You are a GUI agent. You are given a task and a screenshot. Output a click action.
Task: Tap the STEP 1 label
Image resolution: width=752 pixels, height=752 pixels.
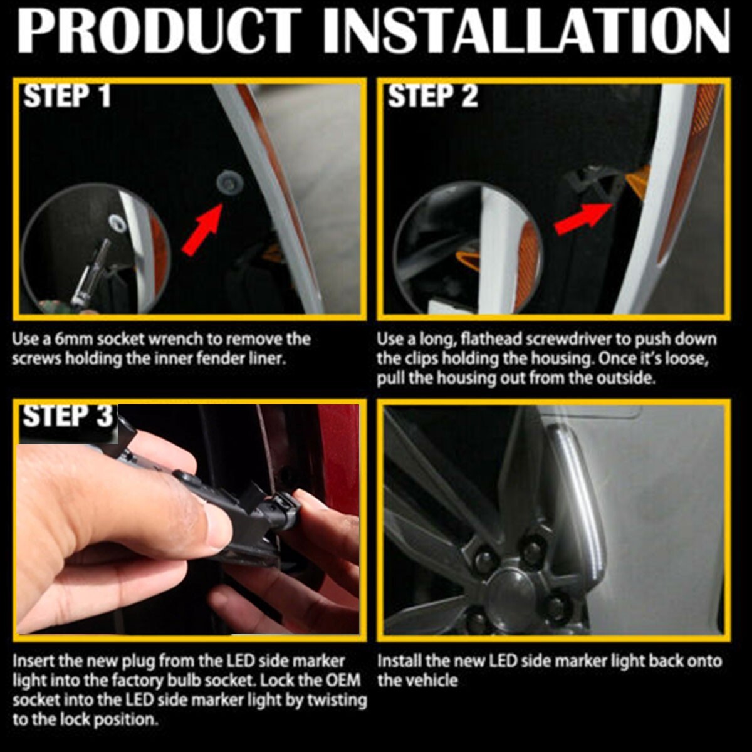pos(67,96)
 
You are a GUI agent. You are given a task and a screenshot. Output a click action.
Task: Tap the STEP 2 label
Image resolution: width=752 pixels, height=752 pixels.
pos(433,96)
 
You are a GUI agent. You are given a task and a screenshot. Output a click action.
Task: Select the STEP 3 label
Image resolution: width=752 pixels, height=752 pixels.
pos(68,415)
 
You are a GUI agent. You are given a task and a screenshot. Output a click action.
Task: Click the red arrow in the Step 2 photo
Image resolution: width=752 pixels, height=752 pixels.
pos(584,218)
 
